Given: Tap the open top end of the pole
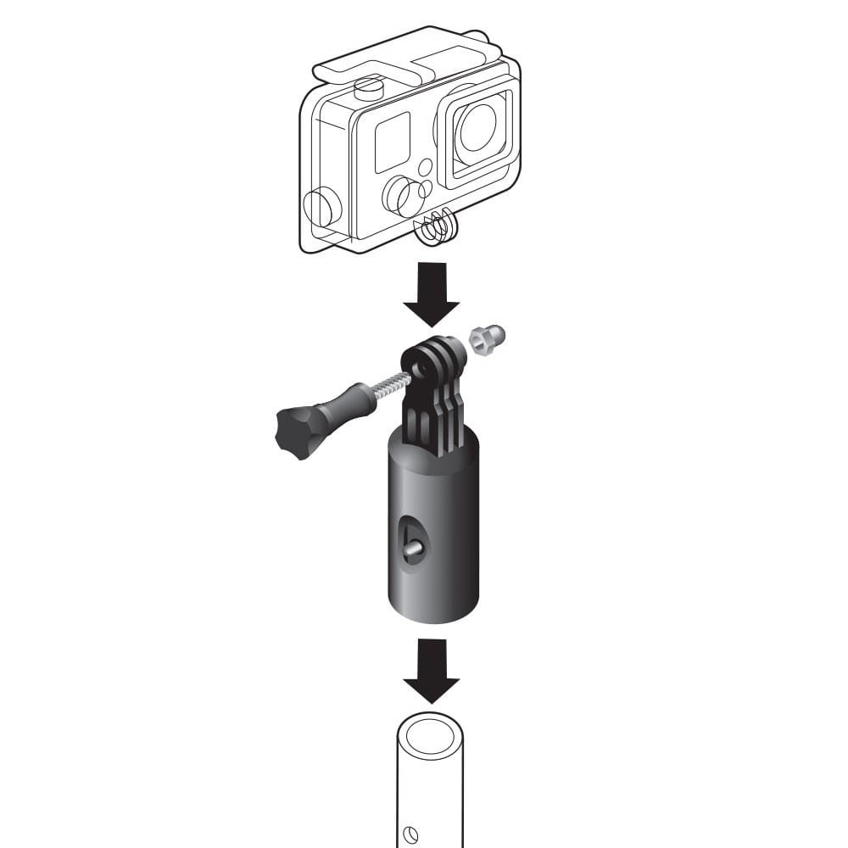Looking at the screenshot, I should click(x=430, y=732).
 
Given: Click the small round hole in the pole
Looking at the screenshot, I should click(x=412, y=834).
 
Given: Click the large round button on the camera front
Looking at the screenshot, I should click(x=399, y=195).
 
